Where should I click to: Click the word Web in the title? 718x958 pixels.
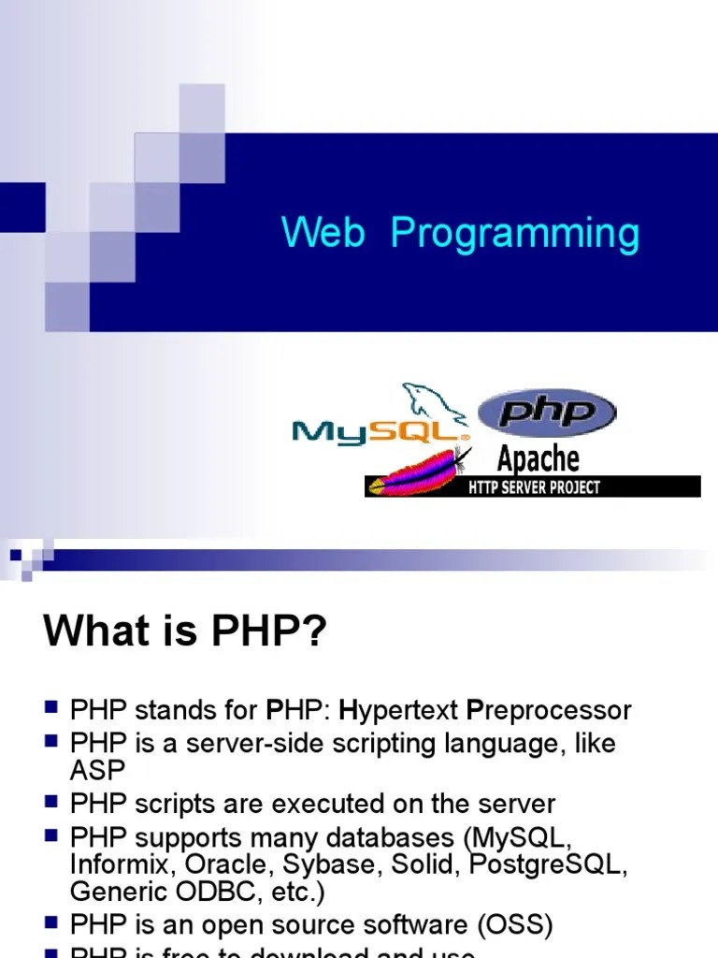323,233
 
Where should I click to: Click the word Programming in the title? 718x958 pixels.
514,235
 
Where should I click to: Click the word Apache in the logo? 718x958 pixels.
538,459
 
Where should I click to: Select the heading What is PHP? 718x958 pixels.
186,631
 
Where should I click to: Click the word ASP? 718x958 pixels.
97,769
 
